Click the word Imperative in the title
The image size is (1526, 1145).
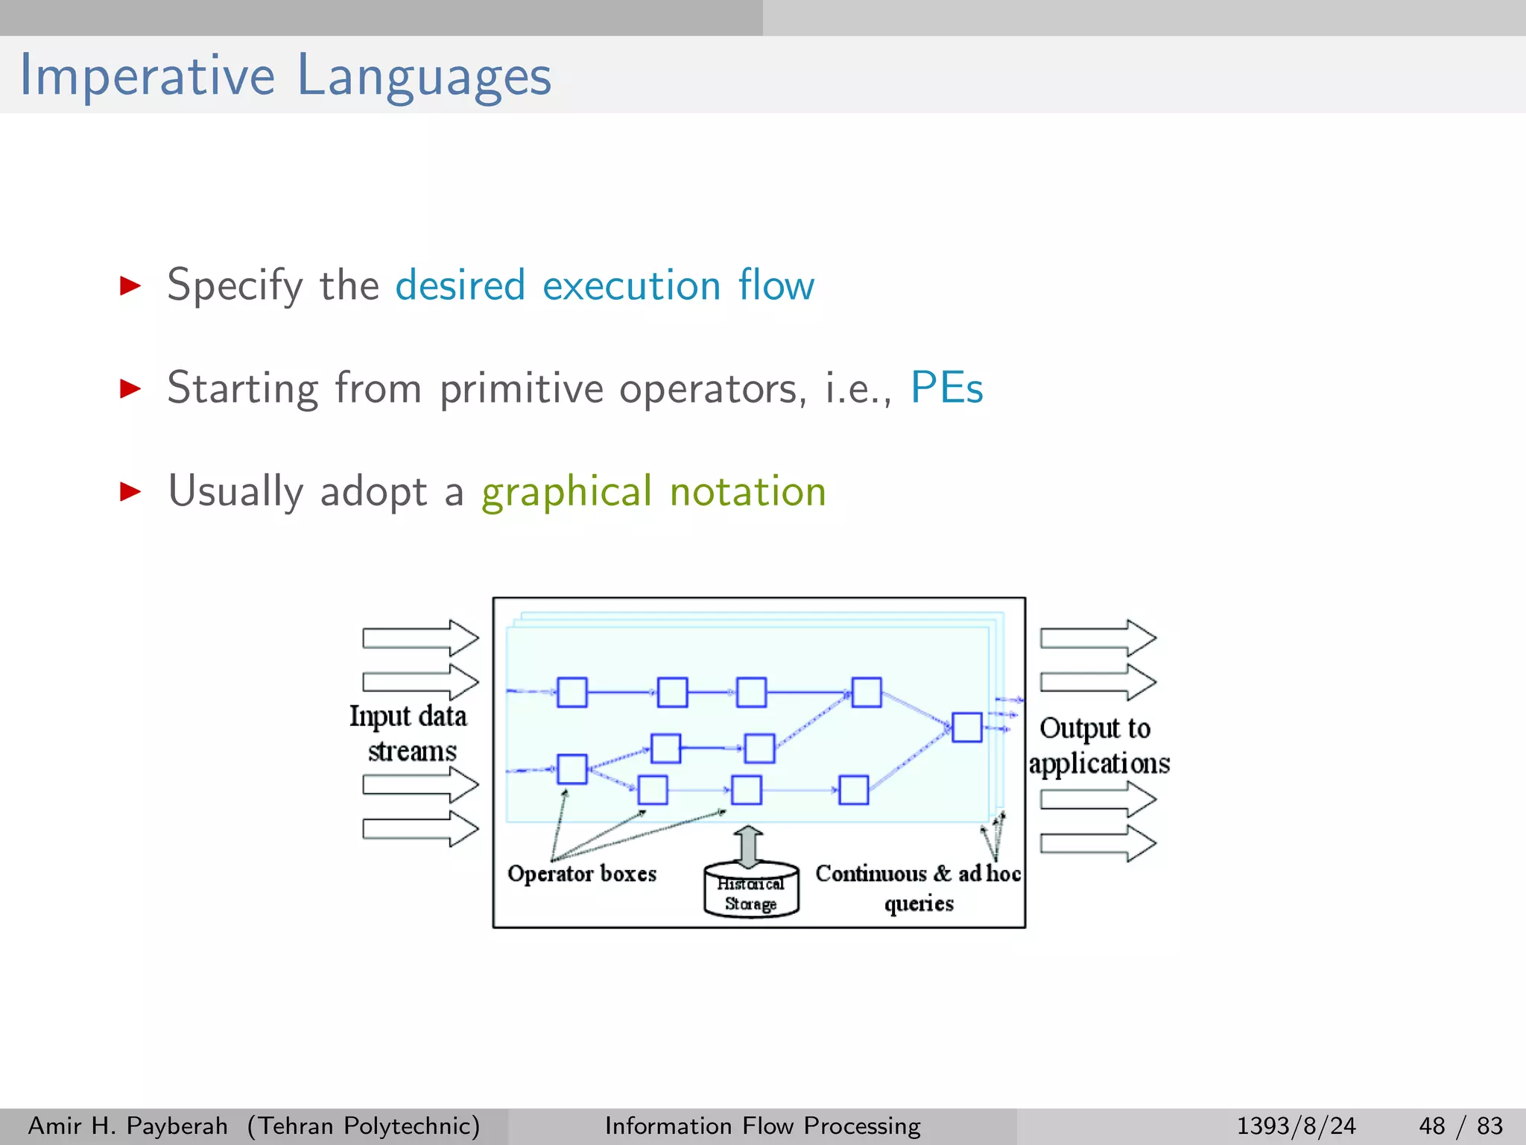(147, 76)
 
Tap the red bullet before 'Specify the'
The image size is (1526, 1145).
(130, 285)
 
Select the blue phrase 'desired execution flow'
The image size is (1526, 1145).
(604, 286)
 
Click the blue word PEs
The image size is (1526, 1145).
(946, 388)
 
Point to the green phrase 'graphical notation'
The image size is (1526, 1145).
(653, 492)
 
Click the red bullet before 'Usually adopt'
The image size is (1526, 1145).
(130, 491)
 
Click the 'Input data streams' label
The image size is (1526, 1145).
(409, 733)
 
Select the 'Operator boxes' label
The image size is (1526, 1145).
(582, 873)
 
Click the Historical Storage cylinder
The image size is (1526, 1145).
(751, 891)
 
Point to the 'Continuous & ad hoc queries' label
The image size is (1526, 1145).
(917, 886)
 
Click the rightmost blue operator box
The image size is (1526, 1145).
(966, 727)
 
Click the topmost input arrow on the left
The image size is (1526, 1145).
(420, 638)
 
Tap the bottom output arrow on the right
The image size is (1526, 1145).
(1098, 843)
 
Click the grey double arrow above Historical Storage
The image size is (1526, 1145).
(749, 845)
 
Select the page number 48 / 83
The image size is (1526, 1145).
(1460, 1126)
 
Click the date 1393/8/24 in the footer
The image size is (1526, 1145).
(1296, 1126)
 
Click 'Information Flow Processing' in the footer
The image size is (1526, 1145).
(762, 1126)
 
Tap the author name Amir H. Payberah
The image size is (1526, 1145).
(127, 1126)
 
